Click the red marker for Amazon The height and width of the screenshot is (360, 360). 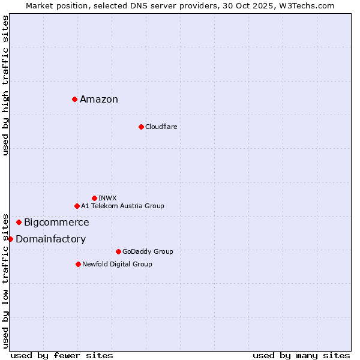point(74,99)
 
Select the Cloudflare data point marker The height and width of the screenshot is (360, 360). point(141,127)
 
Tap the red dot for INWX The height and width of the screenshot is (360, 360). point(94,198)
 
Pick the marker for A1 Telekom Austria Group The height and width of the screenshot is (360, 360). point(77,206)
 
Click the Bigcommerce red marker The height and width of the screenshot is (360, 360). point(19,222)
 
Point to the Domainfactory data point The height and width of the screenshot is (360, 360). point(10,239)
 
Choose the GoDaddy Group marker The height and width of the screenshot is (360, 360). point(118,251)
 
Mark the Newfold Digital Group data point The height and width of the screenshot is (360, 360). point(78,264)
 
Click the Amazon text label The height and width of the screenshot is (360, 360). point(99,100)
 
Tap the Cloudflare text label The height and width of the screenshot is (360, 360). point(161,127)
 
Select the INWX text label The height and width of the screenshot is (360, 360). point(107,198)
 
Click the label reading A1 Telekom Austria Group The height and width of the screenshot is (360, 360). point(122,206)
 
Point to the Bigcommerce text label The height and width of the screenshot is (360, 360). point(56,223)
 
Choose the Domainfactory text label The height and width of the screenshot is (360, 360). point(50,239)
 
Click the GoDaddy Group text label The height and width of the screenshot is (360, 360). point(148,251)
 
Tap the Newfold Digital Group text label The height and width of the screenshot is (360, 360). point(117,264)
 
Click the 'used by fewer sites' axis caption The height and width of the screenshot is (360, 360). point(62,355)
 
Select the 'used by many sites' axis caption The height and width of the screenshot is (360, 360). point(301,355)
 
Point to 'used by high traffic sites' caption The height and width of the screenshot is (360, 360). point(5,85)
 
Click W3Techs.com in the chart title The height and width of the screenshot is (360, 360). point(307,5)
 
